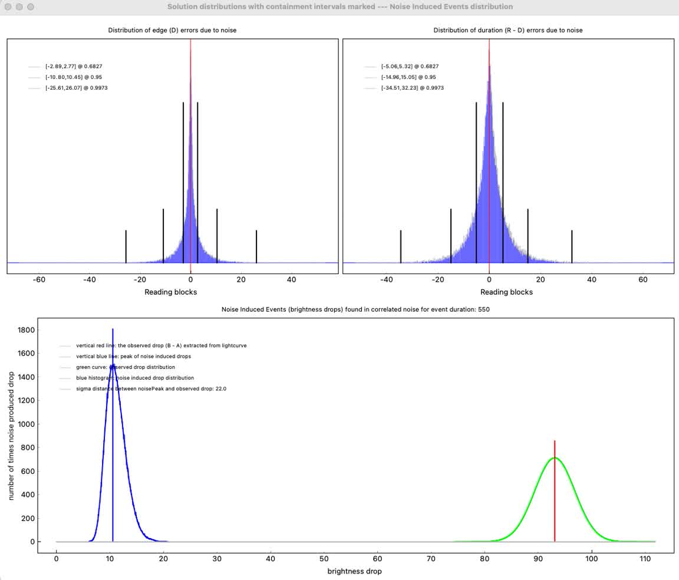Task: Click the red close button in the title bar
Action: pos(8,7)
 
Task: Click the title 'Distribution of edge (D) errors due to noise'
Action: pos(172,30)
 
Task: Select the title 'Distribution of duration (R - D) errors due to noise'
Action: pos(507,30)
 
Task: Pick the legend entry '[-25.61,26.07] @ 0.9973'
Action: pos(76,88)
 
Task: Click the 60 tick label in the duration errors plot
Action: pos(643,280)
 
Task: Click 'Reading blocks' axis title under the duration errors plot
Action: pos(506,292)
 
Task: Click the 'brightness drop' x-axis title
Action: pos(354,571)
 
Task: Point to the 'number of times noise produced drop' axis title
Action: pos(11,436)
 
